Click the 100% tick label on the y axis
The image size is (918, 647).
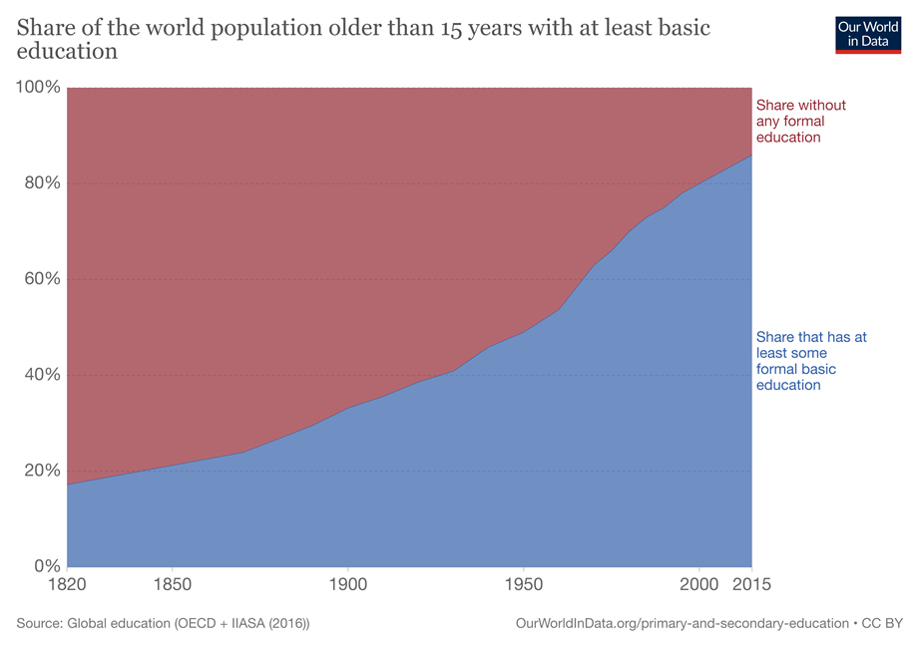click(38, 88)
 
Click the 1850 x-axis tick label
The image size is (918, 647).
click(173, 583)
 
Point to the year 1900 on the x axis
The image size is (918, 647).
click(347, 583)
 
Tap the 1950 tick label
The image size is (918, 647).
click(523, 583)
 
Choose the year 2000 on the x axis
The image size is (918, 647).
click(698, 583)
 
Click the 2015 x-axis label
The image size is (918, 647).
click(750, 583)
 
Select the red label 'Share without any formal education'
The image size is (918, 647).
click(801, 121)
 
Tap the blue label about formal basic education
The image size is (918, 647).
click(811, 361)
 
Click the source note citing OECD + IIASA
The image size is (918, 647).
click(164, 623)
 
